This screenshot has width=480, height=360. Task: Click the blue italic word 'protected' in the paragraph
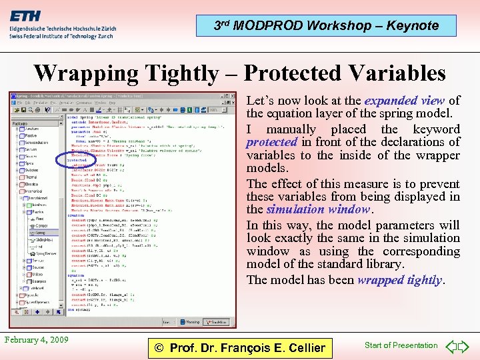pyautogui.click(x=271, y=142)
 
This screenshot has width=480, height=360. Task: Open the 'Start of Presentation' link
pyautogui.click(x=401, y=345)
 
